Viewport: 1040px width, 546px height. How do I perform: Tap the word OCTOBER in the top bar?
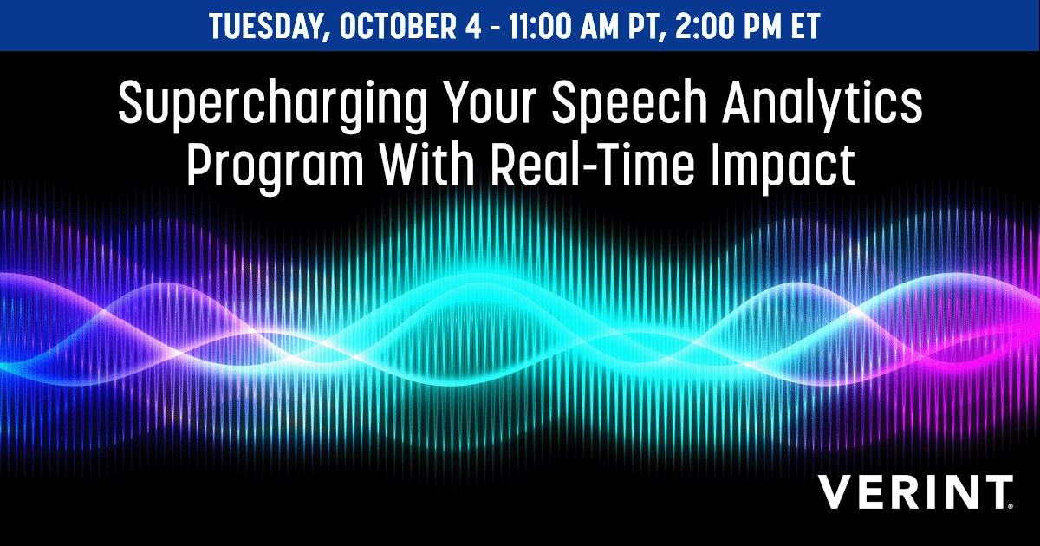398,27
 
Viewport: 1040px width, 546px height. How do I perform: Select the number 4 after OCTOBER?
472,27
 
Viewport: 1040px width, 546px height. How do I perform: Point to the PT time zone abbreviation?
647,27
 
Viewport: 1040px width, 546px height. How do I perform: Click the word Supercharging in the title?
272,105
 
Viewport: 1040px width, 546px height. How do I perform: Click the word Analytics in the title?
822,105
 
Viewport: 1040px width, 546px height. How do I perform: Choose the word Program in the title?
276,167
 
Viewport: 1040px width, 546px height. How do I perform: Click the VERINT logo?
915,491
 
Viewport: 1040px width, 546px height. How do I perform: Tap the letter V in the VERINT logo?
836,491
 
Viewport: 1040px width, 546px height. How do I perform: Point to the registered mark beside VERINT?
1011,505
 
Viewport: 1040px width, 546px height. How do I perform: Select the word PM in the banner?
762,27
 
